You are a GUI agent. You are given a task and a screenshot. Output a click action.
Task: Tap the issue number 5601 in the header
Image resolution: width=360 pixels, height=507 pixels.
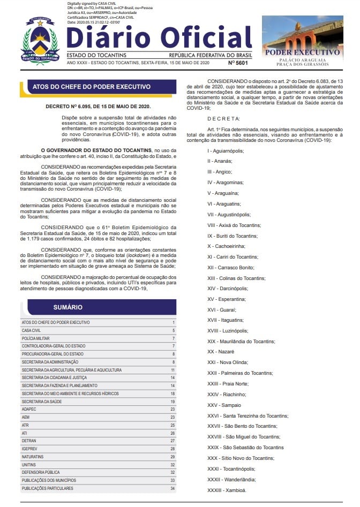(238, 63)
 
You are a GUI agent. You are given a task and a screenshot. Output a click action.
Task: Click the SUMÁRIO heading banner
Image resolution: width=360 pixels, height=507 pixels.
(68, 307)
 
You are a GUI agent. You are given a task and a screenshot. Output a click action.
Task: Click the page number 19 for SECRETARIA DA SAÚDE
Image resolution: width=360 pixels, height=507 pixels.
(172, 402)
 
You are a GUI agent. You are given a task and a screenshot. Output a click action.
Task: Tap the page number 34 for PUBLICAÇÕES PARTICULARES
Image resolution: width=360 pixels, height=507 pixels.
(172, 488)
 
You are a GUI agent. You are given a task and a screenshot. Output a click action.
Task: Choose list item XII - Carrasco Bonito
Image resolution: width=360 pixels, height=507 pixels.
(228, 267)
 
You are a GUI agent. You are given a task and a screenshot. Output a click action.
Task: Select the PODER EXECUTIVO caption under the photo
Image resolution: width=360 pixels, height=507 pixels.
(302, 52)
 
